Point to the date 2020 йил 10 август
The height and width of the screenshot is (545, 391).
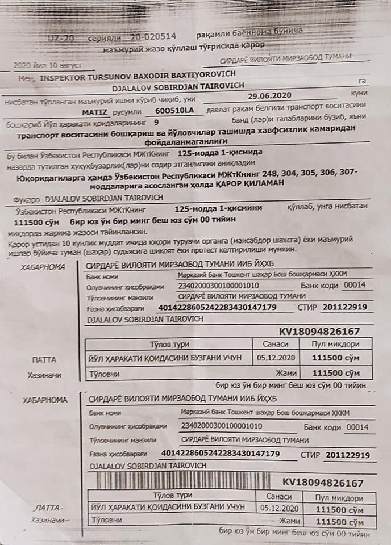(43, 65)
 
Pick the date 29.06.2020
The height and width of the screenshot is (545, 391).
(269, 96)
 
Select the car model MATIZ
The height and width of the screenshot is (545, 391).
(94, 112)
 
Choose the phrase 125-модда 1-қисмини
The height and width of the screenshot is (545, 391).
(212, 209)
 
